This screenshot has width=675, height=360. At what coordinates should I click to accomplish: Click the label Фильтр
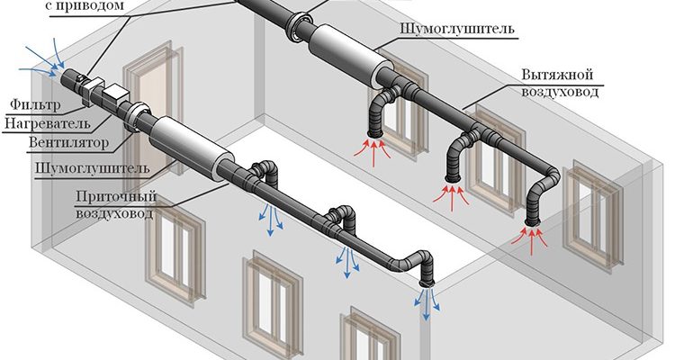click(35, 104)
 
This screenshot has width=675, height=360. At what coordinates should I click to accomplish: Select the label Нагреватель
click(48, 123)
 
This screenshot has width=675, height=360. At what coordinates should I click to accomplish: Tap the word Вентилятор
click(68, 142)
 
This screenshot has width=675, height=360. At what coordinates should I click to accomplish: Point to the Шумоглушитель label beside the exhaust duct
click(457, 30)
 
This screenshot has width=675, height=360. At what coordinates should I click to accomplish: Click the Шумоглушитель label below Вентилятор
click(93, 168)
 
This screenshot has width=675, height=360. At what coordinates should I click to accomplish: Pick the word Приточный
click(116, 196)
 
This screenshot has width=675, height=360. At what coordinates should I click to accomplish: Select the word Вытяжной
click(557, 75)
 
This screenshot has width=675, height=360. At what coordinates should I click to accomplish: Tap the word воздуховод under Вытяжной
click(560, 92)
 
